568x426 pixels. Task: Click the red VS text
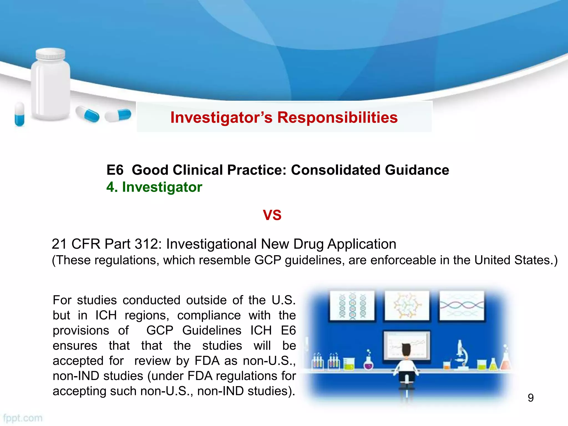pos(272,215)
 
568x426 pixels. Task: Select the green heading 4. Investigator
pos(154,187)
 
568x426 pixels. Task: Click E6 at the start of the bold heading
pos(115,170)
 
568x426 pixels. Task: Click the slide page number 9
pos(531,398)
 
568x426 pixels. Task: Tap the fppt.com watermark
pos(23,418)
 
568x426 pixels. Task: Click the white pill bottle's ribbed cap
pos(51,54)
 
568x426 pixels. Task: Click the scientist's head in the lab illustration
pos(406,350)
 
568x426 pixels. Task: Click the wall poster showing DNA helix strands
pos(352,306)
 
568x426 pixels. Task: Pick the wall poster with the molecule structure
pos(407,306)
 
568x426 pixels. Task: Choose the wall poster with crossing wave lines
pos(461,306)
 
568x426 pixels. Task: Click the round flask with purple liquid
pos(368,364)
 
